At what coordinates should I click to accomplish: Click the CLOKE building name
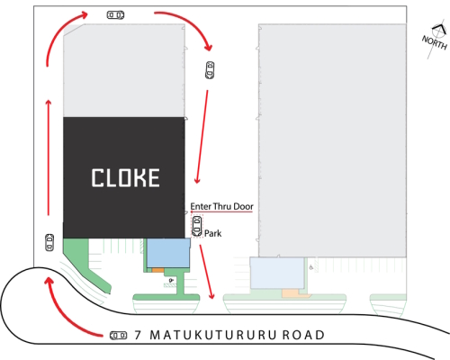[125, 177]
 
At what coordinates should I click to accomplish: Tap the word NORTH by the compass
[435, 42]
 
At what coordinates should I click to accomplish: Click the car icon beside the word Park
[197, 226]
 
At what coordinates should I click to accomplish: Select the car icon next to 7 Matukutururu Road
[118, 335]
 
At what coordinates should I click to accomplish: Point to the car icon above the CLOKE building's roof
[115, 14]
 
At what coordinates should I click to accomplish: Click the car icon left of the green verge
[49, 242]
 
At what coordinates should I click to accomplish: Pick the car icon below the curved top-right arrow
[210, 70]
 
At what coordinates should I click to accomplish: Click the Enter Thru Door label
[221, 206]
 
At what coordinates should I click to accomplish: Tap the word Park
[212, 233]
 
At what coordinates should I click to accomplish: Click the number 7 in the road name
[138, 335]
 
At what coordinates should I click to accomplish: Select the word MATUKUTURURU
[212, 335]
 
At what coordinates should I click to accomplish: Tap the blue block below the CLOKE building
[168, 253]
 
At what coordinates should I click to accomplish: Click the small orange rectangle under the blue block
[157, 270]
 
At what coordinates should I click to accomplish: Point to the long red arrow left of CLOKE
[49, 157]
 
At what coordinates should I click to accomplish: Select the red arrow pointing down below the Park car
[207, 272]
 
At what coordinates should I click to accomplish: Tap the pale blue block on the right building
[277, 273]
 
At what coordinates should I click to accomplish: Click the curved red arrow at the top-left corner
[58, 31]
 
